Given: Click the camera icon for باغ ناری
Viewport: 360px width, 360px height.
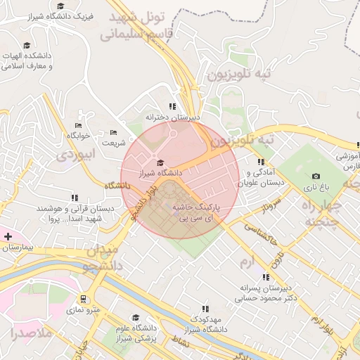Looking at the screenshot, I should (x=316, y=176).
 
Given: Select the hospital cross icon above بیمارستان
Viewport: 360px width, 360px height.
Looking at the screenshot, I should (x=8, y=236).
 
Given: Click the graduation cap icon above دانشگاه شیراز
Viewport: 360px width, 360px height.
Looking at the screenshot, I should (x=160, y=162).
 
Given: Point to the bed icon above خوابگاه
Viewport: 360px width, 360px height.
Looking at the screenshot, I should (x=78, y=125).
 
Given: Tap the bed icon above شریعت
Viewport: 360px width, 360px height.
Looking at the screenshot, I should (x=114, y=132).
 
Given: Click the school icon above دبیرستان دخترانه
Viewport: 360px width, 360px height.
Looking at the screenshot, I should (x=172, y=107).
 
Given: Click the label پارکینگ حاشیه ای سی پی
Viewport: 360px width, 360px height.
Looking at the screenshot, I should (x=198, y=214).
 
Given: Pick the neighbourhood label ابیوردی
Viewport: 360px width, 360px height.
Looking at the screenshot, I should (x=75, y=154).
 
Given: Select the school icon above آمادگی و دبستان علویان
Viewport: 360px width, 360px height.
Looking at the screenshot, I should (x=261, y=162).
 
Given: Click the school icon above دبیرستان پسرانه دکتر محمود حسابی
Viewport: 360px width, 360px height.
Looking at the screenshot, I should (x=265, y=277).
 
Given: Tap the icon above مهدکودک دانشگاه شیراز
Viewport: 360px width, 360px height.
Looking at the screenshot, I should (x=205, y=309).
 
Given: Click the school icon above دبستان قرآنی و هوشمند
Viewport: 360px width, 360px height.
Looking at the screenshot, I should (x=75, y=198).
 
